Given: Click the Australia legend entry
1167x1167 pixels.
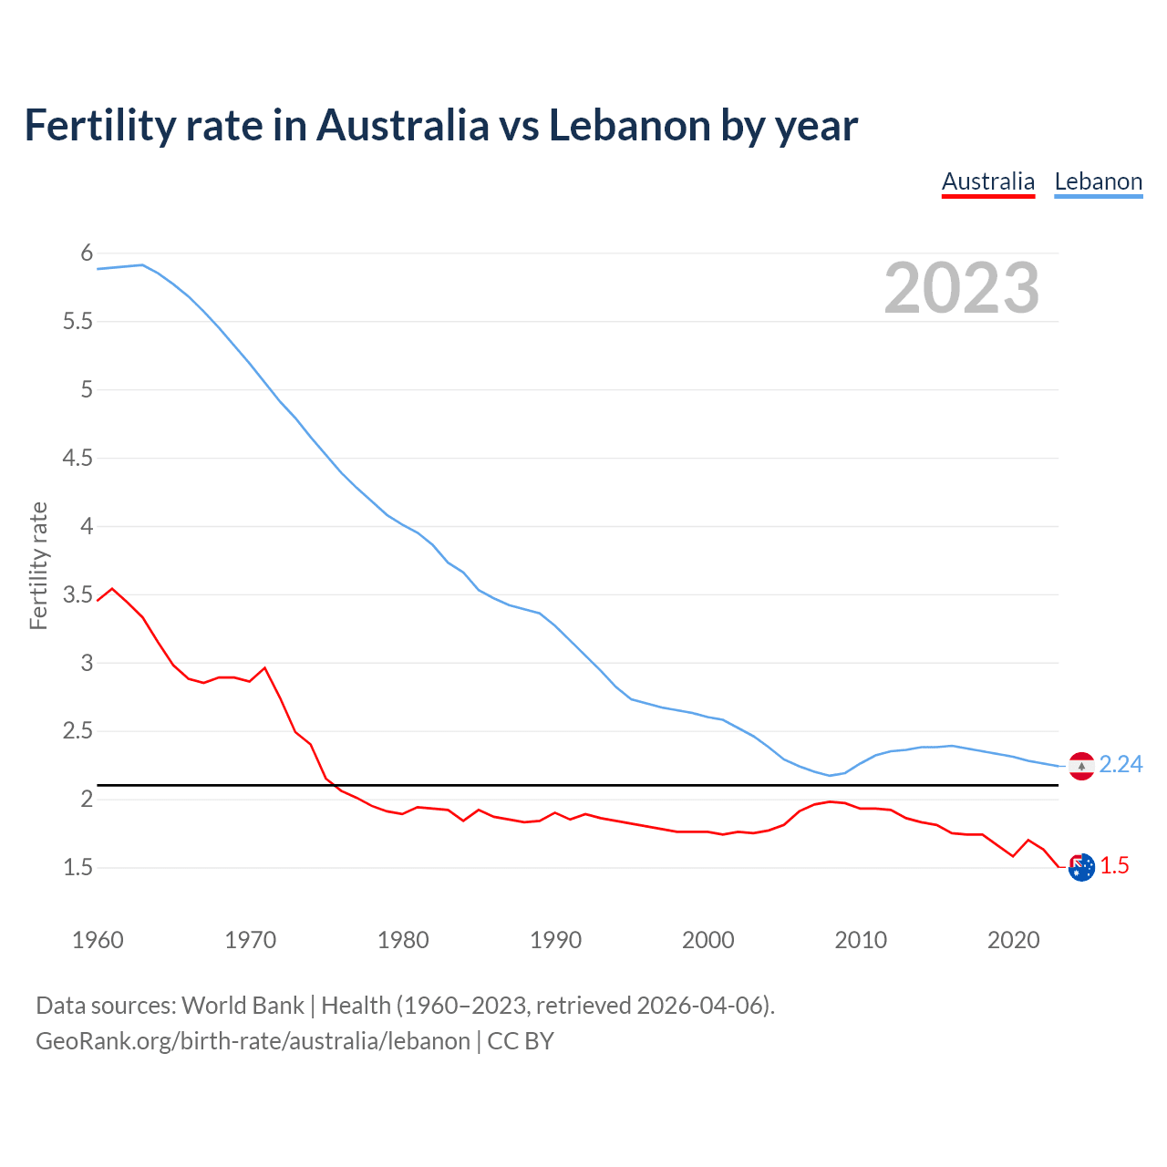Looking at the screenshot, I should [988, 181].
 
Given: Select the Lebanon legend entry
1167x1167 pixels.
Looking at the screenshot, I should [1098, 181].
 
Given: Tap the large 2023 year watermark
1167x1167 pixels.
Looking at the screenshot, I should [961, 288].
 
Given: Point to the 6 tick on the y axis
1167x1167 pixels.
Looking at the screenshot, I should [88, 253].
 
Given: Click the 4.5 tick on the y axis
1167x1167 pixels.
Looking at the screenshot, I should [78, 458].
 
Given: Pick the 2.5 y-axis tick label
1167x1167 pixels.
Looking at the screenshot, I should [78, 731].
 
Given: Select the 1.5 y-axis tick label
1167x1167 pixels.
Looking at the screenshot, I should [78, 868].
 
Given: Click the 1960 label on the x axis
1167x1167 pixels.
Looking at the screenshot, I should [98, 940].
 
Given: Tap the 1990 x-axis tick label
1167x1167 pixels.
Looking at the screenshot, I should [555, 940].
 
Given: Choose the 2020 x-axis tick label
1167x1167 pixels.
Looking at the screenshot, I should [1013, 940].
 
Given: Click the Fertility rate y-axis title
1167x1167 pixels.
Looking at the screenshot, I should [38, 565].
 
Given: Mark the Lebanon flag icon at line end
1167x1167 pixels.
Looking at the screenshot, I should [1081, 766].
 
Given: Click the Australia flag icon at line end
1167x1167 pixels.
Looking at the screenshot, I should [1081, 868].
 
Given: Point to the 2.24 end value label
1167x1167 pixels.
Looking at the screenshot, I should [1121, 764].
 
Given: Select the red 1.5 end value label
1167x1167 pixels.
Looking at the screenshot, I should [1114, 866].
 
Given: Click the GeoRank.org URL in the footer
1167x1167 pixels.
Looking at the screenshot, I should [253, 1041].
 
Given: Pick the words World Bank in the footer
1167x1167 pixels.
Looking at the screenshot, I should [243, 1006].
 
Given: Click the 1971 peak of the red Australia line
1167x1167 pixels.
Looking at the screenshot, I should [265, 667].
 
